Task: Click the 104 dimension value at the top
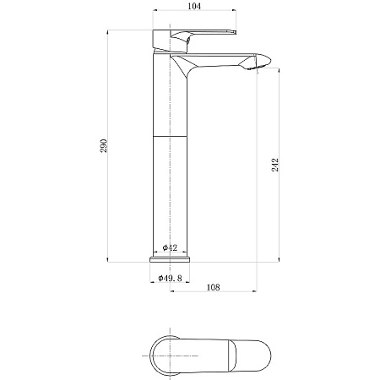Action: tap(194, 6)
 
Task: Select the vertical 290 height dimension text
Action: tap(104, 145)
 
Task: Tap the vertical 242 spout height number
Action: tap(275, 165)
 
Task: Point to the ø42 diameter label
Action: tap(170, 247)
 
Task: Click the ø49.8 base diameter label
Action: tap(170, 278)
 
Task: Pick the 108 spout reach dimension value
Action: tap(213, 287)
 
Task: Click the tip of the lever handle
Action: tap(235, 32)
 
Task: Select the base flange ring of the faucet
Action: tap(170, 259)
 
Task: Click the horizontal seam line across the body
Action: tap(170, 137)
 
